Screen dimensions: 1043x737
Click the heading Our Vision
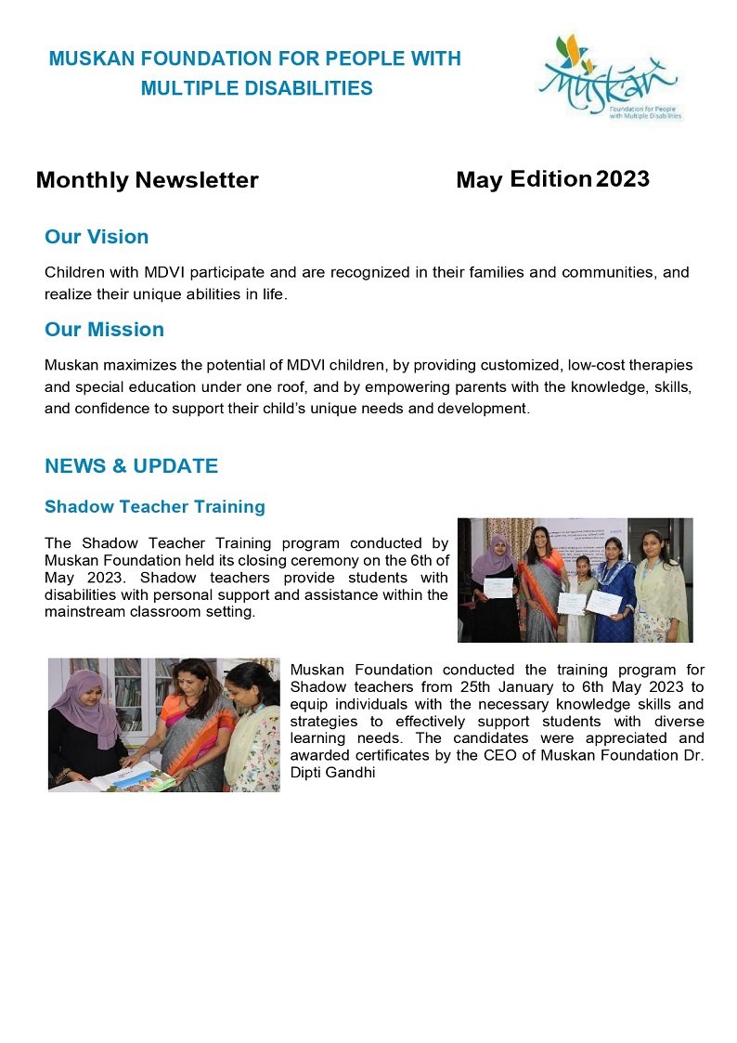click(x=97, y=237)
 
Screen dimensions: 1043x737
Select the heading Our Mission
click(x=104, y=330)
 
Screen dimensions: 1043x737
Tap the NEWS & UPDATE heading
click(x=131, y=466)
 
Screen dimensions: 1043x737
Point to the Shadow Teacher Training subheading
click(x=154, y=507)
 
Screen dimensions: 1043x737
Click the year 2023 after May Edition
click(x=622, y=179)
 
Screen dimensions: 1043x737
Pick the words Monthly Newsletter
click(x=147, y=180)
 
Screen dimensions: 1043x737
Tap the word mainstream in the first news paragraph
click(x=84, y=613)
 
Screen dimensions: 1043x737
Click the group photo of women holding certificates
click(x=575, y=580)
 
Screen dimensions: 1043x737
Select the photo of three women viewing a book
click(x=163, y=725)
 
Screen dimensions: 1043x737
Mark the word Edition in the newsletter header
click(x=550, y=179)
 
